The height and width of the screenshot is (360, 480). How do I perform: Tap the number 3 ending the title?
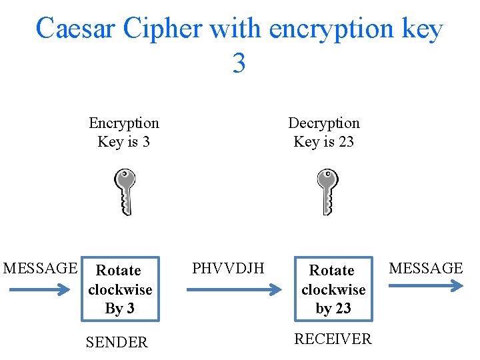coord(239,64)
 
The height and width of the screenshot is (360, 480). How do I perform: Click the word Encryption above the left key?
coord(124,123)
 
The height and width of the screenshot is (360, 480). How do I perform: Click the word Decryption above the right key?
coord(324,123)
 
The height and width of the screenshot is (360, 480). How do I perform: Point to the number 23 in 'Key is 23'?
coord(345,142)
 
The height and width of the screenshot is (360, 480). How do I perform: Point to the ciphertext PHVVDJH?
coord(228,269)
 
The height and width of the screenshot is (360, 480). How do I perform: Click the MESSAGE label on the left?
coord(40,269)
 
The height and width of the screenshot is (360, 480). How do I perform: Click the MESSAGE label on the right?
coord(425,269)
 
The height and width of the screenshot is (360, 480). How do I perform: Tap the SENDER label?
coord(117,343)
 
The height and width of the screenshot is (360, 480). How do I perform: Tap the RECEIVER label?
coord(333,339)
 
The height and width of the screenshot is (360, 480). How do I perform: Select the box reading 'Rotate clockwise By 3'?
coord(120,289)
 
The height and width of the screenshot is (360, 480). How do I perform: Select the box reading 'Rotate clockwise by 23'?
coord(333,289)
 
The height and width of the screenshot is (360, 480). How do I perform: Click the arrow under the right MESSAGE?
coord(425,286)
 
